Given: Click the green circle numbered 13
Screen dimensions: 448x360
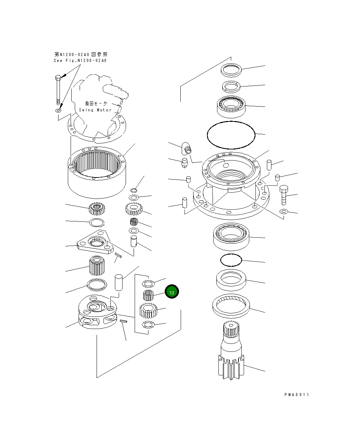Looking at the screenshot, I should click(x=172, y=292).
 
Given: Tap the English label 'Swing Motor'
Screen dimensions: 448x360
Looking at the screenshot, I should click(x=95, y=110).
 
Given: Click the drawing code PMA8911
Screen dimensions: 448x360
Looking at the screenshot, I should click(x=297, y=394).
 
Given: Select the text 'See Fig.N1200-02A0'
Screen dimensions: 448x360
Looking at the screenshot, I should click(x=80, y=61).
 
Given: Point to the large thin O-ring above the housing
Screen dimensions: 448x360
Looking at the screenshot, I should click(x=231, y=135).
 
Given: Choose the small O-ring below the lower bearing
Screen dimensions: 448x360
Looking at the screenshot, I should click(x=231, y=260).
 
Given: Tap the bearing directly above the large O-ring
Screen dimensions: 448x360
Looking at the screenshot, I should click(x=231, y=106).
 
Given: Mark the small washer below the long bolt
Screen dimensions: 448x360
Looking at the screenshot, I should click(x=58, y=111).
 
